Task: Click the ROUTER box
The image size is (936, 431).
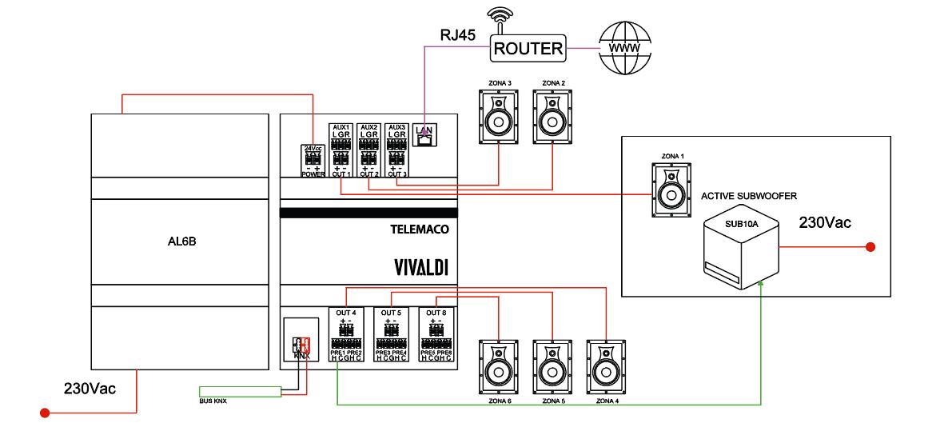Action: pyautogui.click(x=528, y=48)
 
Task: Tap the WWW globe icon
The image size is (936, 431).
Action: pyautogui.click(x=624, y=48)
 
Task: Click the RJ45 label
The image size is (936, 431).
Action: pyautogui.click(x=458, y=35)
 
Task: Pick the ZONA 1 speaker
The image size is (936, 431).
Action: pyautogui.click(x=669, y=189)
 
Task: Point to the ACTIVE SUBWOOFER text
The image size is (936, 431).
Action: pyautogui.click(x=749, y=196)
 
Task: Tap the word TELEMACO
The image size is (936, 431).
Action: pyautogui.click(x=424, y=229)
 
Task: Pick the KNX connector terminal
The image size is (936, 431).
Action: pyautogui.click(x=301, y=346)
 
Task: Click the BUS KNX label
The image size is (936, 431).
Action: pyautogui.click(x=213, y=399)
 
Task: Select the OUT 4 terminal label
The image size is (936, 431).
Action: pyautogui.click(x=346, y=312)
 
